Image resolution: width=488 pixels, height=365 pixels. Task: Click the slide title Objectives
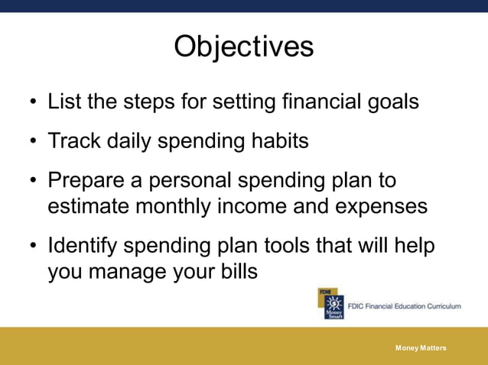tap(243, 47)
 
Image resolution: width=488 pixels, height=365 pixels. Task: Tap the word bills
tap(236, 272)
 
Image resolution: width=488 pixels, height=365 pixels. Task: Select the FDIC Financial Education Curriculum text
tap(405, 305)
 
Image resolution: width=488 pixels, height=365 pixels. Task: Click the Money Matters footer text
tap(421, 348)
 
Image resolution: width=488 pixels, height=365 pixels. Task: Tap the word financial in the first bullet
tap(310, 102)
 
